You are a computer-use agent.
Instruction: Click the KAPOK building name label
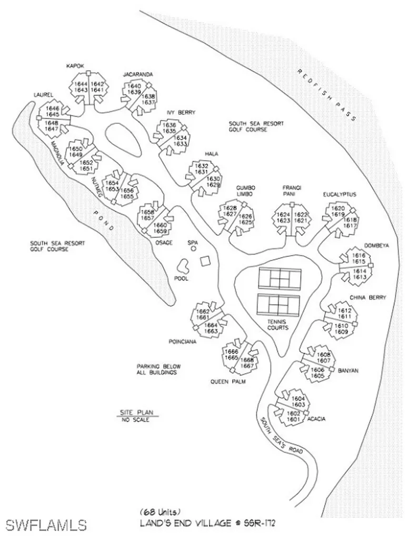tap(76, 66)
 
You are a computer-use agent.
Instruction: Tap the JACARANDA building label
tap(138, 74)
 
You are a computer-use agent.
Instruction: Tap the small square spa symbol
tap(206, 261)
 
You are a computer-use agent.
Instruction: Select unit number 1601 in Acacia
tap(293, 419)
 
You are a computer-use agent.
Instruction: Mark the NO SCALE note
tap(135, 420)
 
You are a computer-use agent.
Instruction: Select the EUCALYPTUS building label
tap(340, 195)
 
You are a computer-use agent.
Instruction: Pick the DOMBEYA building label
tap(375, 246)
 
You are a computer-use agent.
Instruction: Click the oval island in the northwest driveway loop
tap(124, 137)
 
